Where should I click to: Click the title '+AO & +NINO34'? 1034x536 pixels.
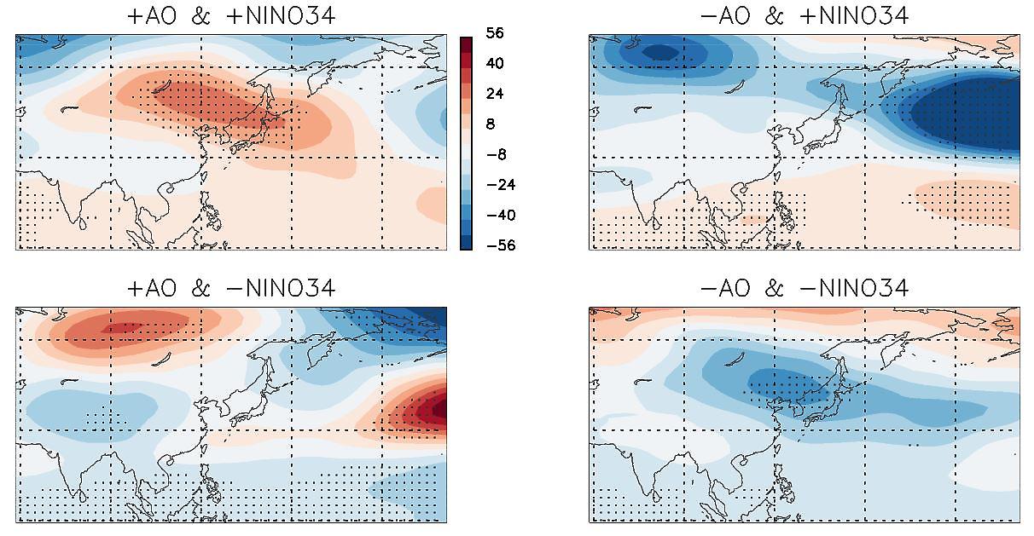[230, 15]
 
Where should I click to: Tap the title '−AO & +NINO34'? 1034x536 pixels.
[804, 15]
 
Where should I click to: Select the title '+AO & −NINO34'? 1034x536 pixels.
[230, 288]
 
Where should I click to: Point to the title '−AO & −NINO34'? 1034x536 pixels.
[804, 288]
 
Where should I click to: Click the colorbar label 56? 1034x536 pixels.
[495, 33]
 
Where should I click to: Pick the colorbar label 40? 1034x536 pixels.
[495, 64]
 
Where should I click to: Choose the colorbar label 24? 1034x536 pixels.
[495, 94]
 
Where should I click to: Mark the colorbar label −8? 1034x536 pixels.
[495, 154]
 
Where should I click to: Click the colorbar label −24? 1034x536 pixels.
[495, 185]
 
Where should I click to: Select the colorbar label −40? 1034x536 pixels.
[495, 215]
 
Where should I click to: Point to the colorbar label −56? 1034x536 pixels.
[495, 245]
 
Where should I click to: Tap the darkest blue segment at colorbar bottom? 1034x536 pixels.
[466, 241]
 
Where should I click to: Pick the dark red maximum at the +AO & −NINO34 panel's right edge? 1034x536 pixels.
[439, 409]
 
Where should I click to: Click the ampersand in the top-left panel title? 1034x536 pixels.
[201, 15]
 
